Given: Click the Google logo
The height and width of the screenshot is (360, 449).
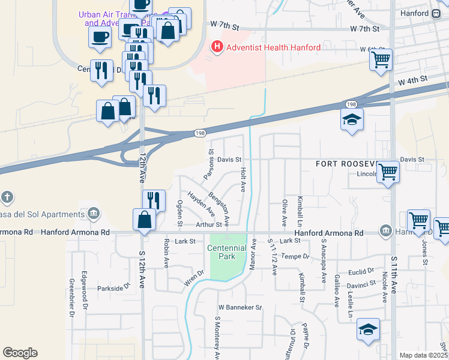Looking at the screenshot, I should (20, 353).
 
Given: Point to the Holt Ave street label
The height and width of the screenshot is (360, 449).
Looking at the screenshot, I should (243, 179).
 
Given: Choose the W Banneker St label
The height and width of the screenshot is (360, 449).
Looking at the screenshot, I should (240, 307).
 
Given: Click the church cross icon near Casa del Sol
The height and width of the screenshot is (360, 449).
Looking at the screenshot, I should (7, 197).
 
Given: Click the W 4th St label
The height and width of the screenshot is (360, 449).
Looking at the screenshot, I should (412, 79).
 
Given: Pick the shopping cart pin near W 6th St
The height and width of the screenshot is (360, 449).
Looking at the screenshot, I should (381, 60).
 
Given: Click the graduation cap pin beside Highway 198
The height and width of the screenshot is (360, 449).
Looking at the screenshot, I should (352, 119).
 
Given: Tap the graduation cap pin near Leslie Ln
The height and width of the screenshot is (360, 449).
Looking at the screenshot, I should (368, 329).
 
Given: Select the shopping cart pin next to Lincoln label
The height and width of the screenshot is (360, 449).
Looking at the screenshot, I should (388, 172).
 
